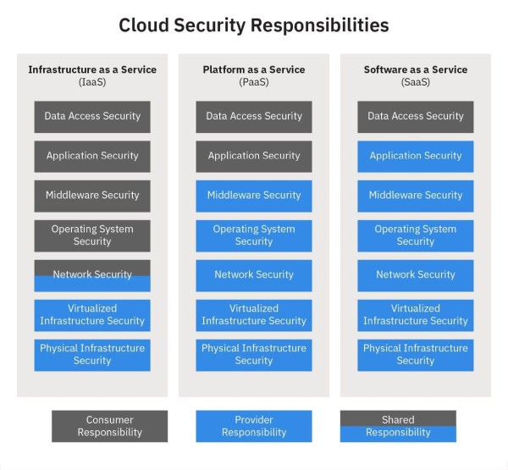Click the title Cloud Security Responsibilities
point(254,25)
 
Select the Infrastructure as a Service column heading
point(92,69)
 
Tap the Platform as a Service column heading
point(254,69)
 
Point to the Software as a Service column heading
point(416,69)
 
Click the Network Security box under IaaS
point(92,275)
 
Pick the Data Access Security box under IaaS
point(92,117)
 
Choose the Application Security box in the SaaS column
point(416,157)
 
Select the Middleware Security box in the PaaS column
point(254,196)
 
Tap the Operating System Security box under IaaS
point(92,235)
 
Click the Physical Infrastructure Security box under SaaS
point(416,355)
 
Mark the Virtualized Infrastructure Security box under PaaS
point(254,315)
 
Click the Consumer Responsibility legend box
point(110,426)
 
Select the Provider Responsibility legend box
point(254,426)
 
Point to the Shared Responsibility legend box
point(398,426)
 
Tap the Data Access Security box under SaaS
point(416,117)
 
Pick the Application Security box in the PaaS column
point(254,157)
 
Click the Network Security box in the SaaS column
point(416,275)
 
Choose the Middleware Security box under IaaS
point(92,196)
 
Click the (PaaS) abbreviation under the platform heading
point(254,82)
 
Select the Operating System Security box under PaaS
point(254,235)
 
